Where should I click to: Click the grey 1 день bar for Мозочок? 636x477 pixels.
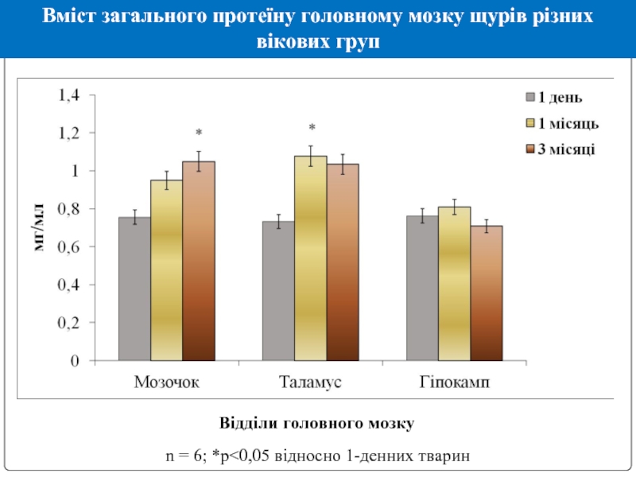click(134, 289)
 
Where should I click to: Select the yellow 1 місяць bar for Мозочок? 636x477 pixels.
click(166, 270)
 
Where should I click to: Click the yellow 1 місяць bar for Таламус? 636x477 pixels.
click(310, 258)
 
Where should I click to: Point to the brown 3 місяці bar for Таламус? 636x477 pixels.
click(343, 262)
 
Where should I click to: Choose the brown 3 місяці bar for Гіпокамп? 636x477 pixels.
click(487, 293)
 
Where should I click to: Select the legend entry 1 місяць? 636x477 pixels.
click(561, 123)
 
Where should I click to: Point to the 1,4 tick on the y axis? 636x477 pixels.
click(68, 95)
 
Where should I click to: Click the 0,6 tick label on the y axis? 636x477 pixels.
click(68, 247)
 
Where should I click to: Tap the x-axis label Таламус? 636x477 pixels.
click(310, 382)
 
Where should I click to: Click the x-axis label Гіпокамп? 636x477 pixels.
click(455, 382)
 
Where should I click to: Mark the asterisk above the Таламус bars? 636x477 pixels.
click(312, 128)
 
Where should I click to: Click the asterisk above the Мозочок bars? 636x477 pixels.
click(199, 133)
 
